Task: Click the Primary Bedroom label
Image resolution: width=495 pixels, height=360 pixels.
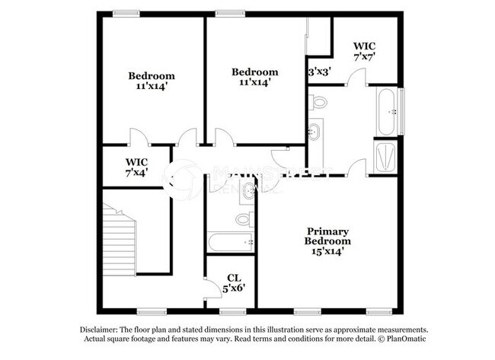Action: point(327,236)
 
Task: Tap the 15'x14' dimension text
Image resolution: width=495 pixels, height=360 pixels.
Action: point(327,251)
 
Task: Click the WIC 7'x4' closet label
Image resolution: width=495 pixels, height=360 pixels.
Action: point(136,167)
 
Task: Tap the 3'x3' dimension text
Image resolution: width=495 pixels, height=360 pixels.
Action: point(318,72)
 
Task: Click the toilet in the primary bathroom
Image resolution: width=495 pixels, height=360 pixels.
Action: point(319,101)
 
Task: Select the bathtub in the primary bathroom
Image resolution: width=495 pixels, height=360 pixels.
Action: point(386,111)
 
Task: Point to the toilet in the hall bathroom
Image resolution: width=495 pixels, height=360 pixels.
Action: point(243,219)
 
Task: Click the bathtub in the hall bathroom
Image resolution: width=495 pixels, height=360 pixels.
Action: point(231,243)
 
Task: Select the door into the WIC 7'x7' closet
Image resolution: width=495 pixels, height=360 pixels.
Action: point(356,75)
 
